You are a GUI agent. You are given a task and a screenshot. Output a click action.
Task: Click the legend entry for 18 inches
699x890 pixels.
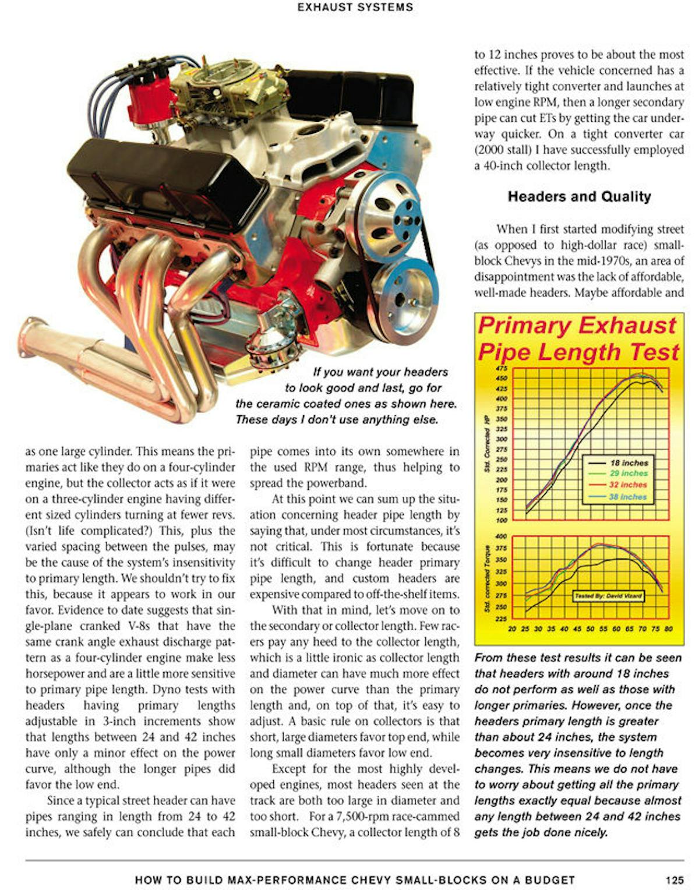[629, 462]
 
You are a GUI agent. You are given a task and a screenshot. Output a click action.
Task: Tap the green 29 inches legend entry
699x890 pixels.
[629, 474]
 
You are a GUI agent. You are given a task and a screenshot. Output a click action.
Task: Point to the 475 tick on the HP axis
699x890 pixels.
[502, 368]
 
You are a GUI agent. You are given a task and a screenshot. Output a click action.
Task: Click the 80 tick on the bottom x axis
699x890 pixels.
[669, 629]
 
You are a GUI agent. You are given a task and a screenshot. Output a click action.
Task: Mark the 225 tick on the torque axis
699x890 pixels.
[502, 619]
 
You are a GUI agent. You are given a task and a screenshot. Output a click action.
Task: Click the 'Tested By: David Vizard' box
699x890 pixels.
[609, 596]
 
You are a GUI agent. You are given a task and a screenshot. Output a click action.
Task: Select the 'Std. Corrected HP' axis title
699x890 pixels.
[486, 444]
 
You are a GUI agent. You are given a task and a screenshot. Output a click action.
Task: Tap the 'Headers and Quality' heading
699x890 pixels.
[579, 197]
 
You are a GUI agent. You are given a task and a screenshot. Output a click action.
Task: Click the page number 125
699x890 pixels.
[674, 880]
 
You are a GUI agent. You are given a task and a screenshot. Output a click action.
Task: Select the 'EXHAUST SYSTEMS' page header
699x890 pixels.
[355, 8]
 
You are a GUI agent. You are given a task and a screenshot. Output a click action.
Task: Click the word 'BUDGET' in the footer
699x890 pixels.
[549, 880]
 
